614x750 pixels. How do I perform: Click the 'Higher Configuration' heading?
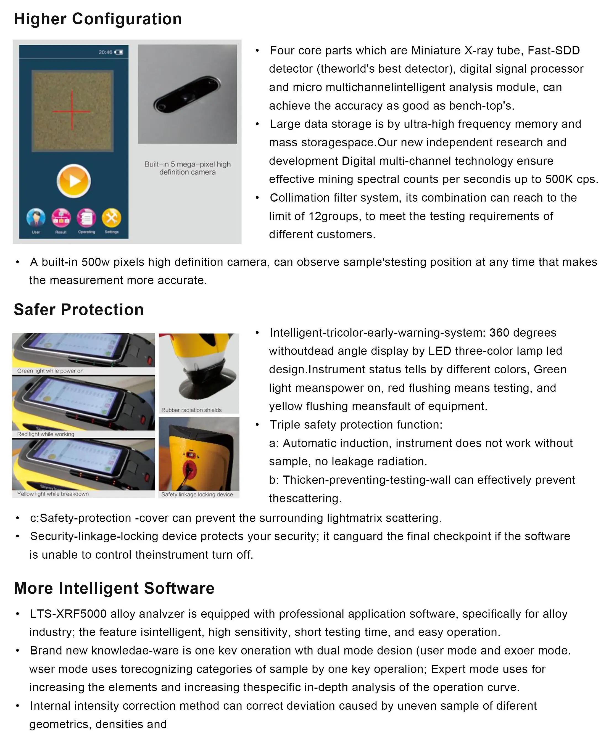[x=97, y=19]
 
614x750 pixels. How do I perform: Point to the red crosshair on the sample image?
[x=72, y=111]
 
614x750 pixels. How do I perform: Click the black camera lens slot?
[x=187, y=94]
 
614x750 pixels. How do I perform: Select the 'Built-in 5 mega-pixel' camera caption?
[x=188, y=168]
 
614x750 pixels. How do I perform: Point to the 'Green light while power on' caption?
[x=50, y=371]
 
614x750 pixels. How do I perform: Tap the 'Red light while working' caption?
[x=46, y=434]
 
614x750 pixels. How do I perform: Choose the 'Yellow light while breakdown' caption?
[x=53, y=494]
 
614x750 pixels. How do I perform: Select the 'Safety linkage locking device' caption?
[x=197, y=494]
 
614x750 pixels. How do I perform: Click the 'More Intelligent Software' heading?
[x=114, y=588]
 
